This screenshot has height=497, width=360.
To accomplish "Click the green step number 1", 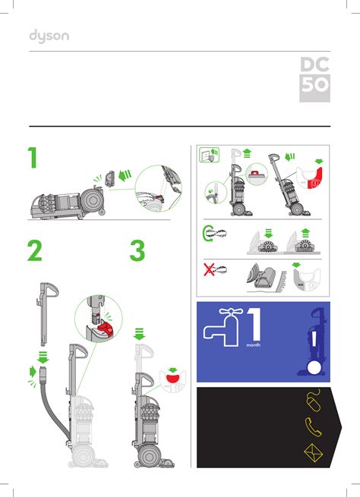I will pos(32,159).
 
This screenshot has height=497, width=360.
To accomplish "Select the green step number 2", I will pos(34,251).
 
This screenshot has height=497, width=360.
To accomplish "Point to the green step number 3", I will pos(137,251).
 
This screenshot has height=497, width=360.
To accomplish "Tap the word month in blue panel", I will pos(254,344).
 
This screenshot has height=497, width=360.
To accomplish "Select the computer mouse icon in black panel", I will pos(311,401).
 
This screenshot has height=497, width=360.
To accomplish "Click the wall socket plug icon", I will pos(207,157).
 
